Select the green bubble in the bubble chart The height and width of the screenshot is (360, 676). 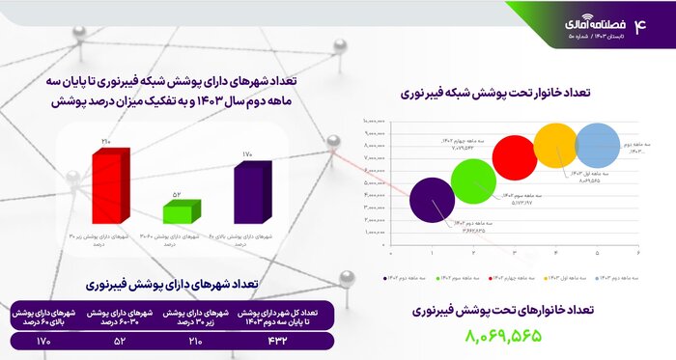(x=473, y=180)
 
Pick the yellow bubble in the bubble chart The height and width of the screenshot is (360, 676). (x=555, y=146)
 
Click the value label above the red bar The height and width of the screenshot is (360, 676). (x=106, y=143)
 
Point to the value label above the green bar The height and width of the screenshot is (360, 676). (x=177, y=195)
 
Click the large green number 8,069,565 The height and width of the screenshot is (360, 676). (x=503, y=335)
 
